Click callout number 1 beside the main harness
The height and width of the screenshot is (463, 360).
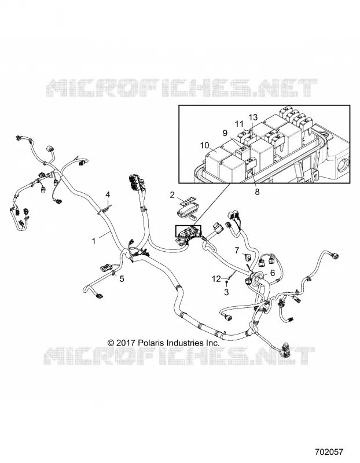[94, 241]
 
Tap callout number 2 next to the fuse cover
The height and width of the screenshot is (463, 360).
[172, 195]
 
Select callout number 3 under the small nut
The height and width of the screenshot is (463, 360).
[226, 292]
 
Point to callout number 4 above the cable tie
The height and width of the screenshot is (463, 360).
[108, 194]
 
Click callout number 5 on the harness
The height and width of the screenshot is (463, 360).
[122, 278]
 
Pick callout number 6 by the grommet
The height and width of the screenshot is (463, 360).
[273, 273]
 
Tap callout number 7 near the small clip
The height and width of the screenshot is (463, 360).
[237, 251]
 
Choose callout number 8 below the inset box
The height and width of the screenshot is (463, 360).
[257, 192]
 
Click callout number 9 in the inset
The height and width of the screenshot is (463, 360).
[225, 133]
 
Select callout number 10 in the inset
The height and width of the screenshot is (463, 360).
[204, 145]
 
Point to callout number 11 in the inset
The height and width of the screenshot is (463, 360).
[239, 123]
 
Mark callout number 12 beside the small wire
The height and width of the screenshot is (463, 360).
[216, 278]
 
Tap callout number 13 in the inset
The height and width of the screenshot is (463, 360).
[253, 117]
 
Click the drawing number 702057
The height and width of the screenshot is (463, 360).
[329, 452]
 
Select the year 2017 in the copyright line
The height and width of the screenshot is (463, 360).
[126, 343]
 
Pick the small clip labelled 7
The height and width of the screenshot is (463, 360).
[248, 256]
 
